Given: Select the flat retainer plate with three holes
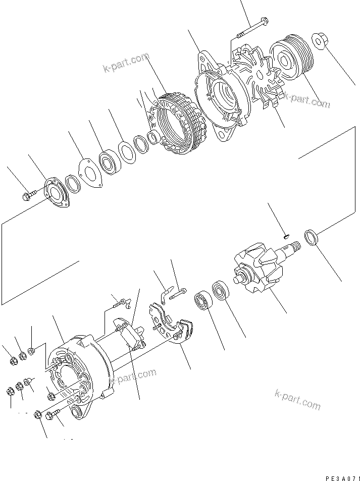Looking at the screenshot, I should tap(90, 174).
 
